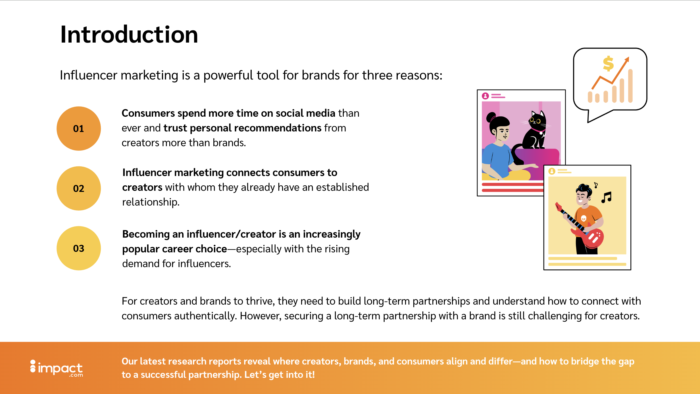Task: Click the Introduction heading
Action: point(129,35)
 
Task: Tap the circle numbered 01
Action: point(79,129)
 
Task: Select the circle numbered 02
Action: point(79,188)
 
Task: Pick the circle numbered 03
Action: point(79,248)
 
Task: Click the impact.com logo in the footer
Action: point(57,368)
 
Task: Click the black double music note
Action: point(607,197)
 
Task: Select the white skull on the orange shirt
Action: point(584,218)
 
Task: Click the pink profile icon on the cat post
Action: point(485,96)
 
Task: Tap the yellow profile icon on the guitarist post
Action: point(552,171)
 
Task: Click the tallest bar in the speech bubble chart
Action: point(630,86)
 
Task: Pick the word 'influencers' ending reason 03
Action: point(211,264)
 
